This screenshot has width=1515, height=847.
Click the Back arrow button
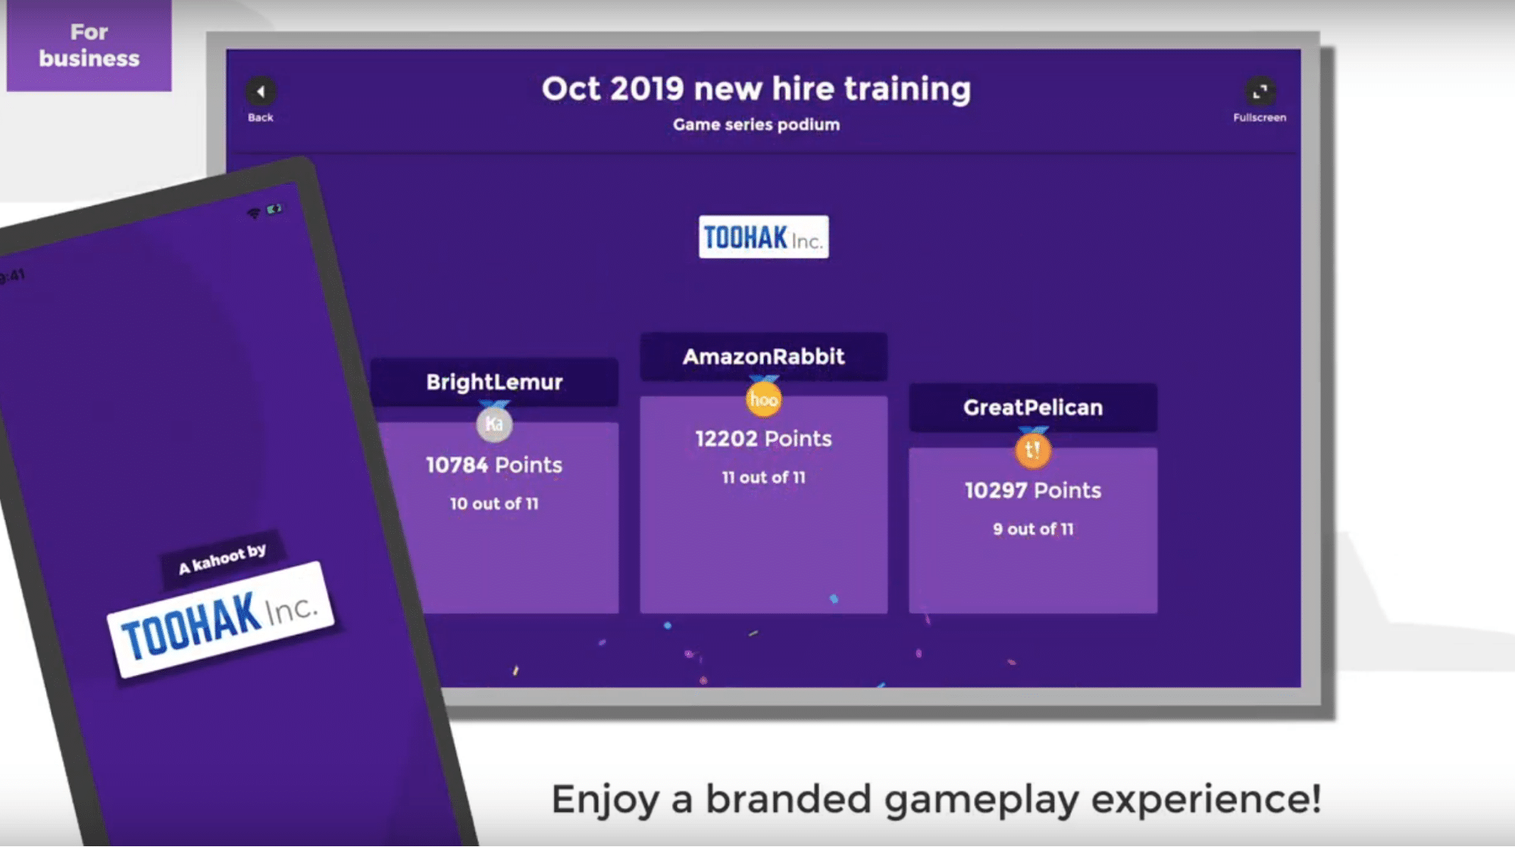coord(261,92)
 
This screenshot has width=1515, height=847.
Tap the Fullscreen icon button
coord(1260,92)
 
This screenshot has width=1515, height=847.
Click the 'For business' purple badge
coord(89,45)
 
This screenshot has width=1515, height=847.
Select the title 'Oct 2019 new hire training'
coord(756,89)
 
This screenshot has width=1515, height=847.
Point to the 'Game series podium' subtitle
coord(756,124)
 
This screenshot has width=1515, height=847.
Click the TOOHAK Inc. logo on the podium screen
coord(763,237)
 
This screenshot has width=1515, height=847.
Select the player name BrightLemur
coord(494,381)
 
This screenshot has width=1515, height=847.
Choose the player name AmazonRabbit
coord(763,356)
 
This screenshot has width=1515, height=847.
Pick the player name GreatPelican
coord(1033,407)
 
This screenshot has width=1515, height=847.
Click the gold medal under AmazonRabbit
coord(763,398)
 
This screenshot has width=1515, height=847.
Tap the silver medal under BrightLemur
coord(494,423)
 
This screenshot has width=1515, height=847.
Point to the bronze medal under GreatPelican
coord(1033,449)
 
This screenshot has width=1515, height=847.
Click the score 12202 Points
coord(763,438)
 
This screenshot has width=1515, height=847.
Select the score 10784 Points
coord(494,465)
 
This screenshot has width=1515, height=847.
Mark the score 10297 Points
coord(1033,491)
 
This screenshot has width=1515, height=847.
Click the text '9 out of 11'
coord(1033,529)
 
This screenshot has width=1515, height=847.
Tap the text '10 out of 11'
coord(494,503)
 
